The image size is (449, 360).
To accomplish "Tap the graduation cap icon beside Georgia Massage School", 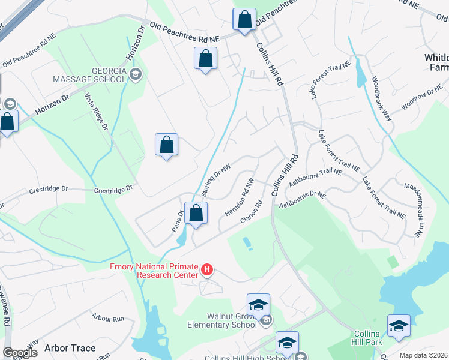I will [x=135, y=74].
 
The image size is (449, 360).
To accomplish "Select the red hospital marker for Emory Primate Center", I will [x=206, y=271].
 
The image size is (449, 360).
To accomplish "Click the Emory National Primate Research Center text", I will [x=155, y=271].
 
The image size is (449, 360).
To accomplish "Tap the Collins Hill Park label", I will [x=366, y=338].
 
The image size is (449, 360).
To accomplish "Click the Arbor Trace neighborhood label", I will [x=67, y=348].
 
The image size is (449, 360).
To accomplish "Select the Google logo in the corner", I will [x=20, y=353].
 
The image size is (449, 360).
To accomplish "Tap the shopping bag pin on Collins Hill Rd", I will [x=244, y=20].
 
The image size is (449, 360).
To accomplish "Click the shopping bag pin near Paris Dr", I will [x=196, y=213].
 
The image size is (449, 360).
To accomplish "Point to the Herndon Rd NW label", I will [x=240, y=197].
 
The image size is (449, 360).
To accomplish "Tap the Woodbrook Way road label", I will [x=381, y=98].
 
